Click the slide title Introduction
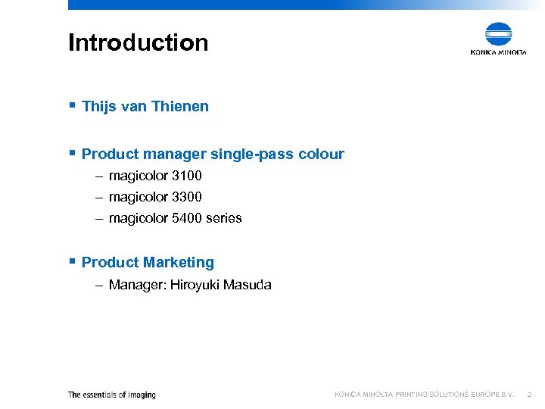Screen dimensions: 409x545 pos(138,42)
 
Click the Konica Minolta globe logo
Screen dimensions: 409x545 pos(498,35)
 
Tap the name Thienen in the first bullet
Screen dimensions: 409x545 pos(179,107)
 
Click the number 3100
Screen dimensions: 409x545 pos(187,176)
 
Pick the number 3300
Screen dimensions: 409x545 pos(187,197)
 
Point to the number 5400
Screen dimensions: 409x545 pos(187,218)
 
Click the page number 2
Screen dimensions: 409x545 pos(530,395)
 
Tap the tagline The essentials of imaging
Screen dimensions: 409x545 pos(111,395)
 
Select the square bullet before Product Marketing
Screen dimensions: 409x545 pos(72,261)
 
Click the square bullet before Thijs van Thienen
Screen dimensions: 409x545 pos(72,105)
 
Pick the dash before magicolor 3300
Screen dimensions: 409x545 pos(99,197)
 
